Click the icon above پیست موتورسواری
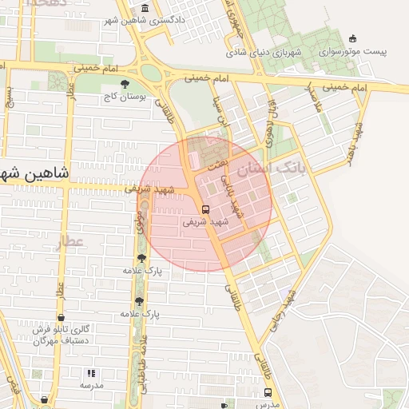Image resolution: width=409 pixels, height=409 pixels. click(352, 38)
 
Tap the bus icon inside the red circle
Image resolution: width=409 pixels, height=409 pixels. click(206, 209)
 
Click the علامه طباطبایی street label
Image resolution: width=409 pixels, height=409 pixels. click(144, 363)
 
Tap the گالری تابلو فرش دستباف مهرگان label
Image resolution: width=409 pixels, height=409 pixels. click(62, 335)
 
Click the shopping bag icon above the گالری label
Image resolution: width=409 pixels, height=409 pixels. click(62, 317)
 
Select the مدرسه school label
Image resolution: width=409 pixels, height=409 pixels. click(91, 385)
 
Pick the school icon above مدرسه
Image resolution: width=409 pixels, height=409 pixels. click(91, 373)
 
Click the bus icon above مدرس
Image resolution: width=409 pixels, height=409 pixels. click(267, 392)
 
